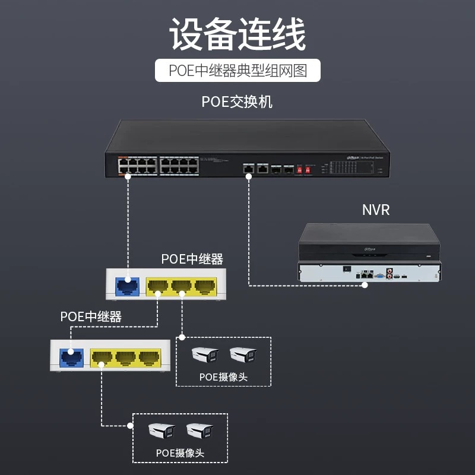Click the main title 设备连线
point(237,34)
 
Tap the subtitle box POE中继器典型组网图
point(237,71)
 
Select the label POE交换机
point(237,102)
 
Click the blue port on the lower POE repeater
point(72,356)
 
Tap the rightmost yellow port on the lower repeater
point(150,357)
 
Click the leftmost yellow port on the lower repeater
point(102,357)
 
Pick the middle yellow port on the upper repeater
point(181,286)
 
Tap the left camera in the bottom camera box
point(162,431)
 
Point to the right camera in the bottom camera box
point(199,431)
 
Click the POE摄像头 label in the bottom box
point(180,452)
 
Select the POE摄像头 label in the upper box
point(223,376)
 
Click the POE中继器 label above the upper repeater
point(192,259)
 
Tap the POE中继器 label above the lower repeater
point(91,316)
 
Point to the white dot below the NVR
point(365,286)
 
